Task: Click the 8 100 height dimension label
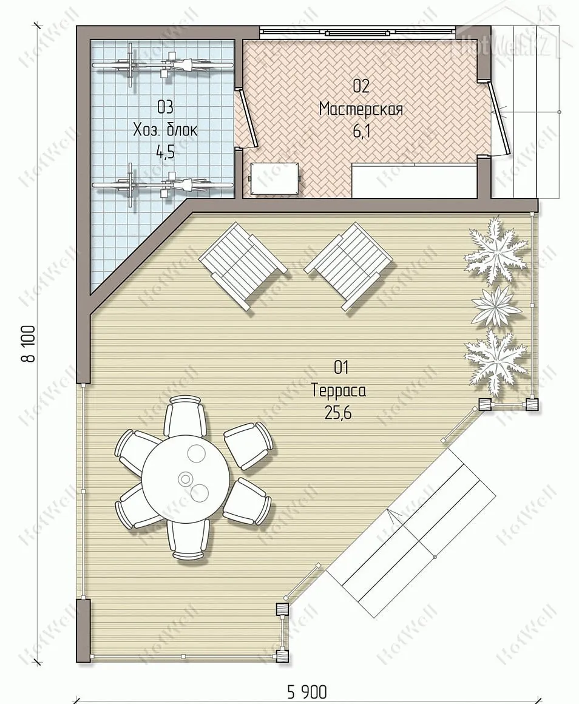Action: [29, 344]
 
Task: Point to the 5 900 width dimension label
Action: [307, 692]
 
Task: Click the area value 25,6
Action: [338, 413]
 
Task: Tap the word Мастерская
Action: [361, 109]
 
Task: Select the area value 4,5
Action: [164, 152]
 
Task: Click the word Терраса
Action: [339, 391]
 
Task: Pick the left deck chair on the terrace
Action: [243, 266]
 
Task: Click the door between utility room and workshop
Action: [248, 118]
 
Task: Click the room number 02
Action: [361, 86]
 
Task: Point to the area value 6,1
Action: [362, 132]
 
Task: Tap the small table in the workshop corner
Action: [274, 178]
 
